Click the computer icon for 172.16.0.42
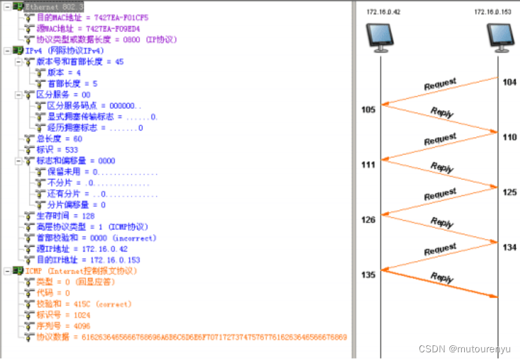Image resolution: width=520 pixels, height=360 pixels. tap(380, 38)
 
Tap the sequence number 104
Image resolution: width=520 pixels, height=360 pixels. tap(509, 83)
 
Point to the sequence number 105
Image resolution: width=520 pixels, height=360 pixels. tap(368, 110)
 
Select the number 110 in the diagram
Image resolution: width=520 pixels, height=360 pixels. tap(509, 137)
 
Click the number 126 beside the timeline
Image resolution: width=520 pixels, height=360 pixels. tap(368, 220)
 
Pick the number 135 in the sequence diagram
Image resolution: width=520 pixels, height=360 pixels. tap(368, 275)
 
